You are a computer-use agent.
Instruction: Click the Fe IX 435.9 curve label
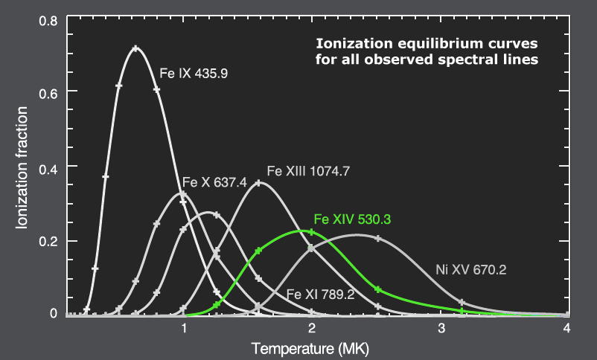[195, 74]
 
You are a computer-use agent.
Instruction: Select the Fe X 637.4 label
[215, 184]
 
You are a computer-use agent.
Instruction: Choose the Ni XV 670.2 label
[470, 270]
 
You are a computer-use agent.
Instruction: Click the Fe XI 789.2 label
[321, 295]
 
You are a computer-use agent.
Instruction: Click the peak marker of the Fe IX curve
[135, 49]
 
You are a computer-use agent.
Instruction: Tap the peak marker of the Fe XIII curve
[258, 183]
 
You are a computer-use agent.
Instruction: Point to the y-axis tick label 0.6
[48, 91]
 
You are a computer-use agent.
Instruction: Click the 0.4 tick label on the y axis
[48, 166]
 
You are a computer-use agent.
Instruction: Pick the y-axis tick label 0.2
[48, 241]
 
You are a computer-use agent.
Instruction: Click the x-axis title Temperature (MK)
[310, 347]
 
